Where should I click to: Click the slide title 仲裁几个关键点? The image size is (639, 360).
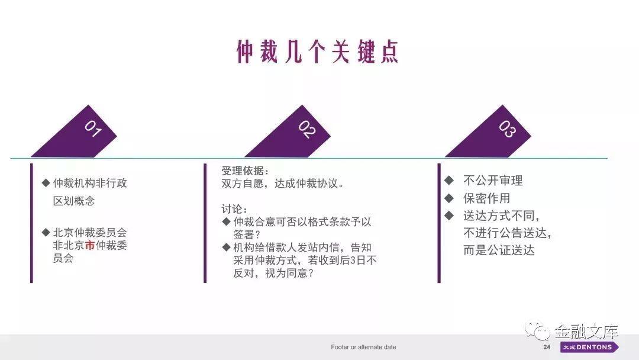point(317,52)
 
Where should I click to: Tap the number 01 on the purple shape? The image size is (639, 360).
point(93,128)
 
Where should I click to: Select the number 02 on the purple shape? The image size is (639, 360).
point(307,129)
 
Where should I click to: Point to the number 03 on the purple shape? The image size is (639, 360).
point(508,129)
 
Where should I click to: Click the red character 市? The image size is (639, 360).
point(90,245)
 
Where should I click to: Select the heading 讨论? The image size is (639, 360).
point(234,209)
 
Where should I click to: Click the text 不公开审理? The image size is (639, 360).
point(493,181)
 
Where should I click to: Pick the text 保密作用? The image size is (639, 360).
point(486,198)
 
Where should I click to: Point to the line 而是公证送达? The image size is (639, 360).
point(499,250)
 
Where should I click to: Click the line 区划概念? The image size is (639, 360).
point(74,201)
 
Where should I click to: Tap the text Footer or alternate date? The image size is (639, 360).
point(363,347)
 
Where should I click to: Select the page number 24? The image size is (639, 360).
point(547,347)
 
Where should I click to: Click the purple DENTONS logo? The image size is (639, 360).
point(589,347)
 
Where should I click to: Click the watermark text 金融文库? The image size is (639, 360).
point(586,332)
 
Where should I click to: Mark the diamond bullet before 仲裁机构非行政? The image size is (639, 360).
point(46,183)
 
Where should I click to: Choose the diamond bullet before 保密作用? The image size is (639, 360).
point(449,198)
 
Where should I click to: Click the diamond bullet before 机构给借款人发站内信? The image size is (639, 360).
point(226,247)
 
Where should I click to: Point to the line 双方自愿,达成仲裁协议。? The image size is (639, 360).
point(283,184)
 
